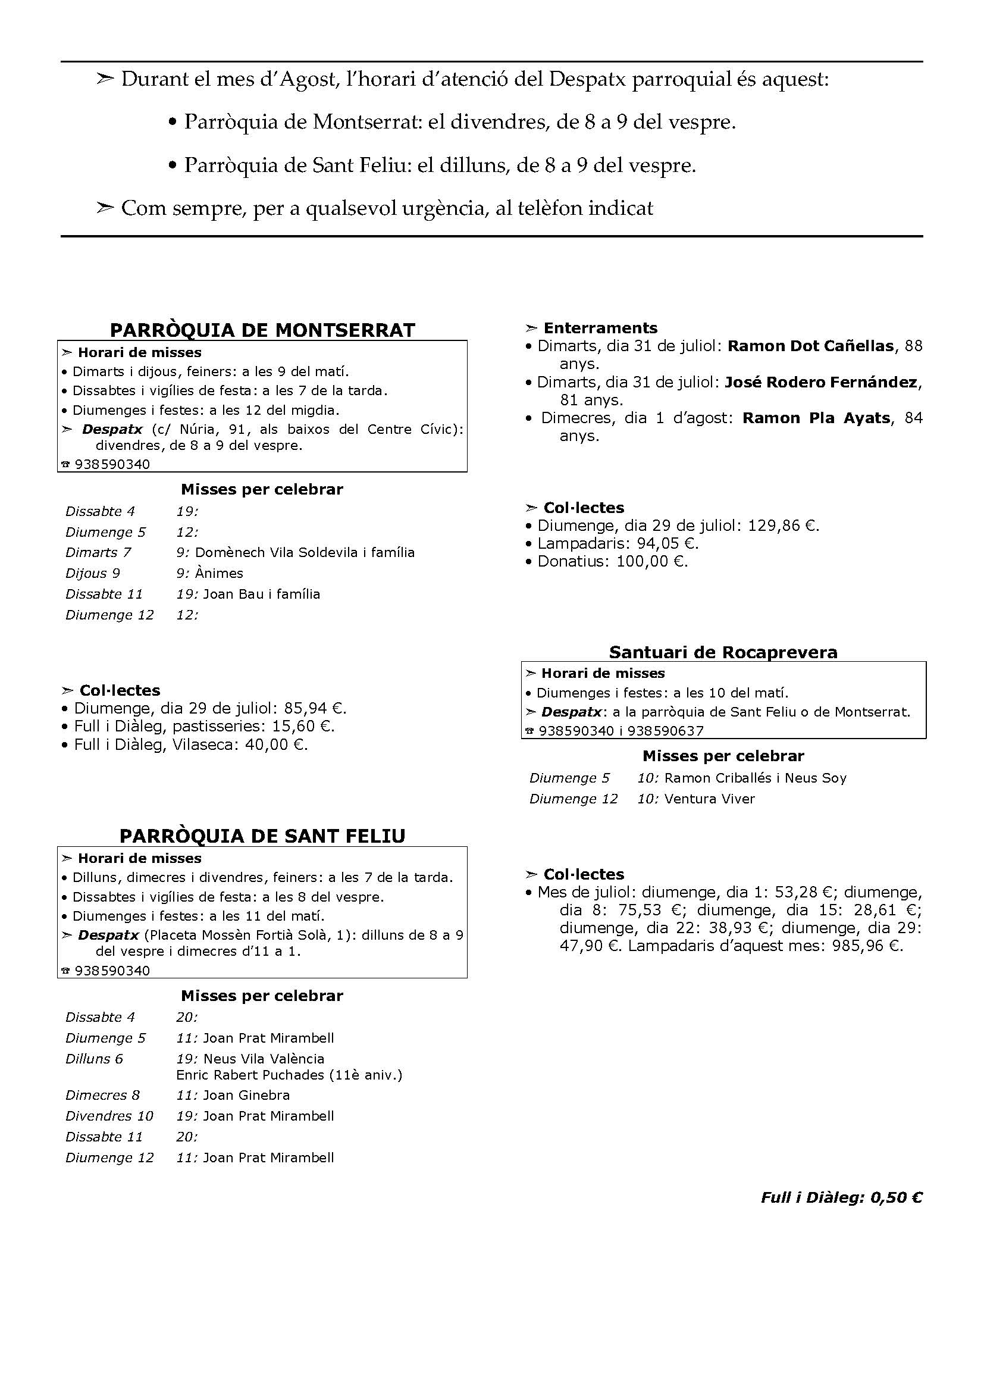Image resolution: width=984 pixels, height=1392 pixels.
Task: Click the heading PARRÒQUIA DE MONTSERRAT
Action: click(262, 330)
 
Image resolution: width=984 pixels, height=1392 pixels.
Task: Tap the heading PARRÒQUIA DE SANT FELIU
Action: click(262, 836)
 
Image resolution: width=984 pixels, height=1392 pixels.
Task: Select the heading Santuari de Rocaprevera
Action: click(723, 652)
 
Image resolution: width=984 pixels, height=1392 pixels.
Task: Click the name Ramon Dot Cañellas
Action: click(810, 346)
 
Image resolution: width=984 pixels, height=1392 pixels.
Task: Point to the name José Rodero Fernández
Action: click(820, 382)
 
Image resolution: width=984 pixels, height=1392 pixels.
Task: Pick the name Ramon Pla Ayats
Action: click(816, 418)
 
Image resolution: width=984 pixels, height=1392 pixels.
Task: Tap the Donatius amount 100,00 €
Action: click(651, 561)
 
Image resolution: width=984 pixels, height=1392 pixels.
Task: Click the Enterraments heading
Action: click(600, 328)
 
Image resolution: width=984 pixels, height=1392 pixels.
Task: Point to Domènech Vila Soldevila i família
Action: click(305, 552)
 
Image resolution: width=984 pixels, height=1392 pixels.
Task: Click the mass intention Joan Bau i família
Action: click(261, 593)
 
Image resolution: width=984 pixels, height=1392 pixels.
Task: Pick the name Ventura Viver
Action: click(709, 799)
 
